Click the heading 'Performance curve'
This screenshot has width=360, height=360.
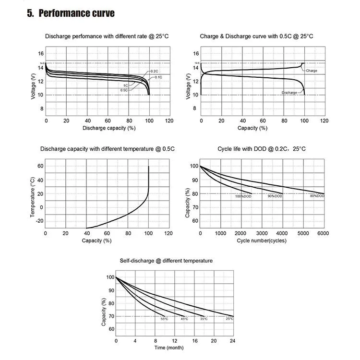(77, 13)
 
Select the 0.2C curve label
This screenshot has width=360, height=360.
(154, 71)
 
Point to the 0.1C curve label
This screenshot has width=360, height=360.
(158, 77)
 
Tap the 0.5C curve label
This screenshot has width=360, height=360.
(124, 90)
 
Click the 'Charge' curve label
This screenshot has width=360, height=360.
(311, 71)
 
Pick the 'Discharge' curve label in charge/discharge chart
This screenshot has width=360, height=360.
(289, 92)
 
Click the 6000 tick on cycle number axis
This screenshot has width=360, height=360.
(323, 233)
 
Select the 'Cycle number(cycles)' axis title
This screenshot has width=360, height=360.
(261, 240)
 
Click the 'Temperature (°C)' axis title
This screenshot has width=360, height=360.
(33, 197)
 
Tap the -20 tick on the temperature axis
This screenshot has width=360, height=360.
(40, 221)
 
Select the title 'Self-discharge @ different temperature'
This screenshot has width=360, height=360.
(166, 260)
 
